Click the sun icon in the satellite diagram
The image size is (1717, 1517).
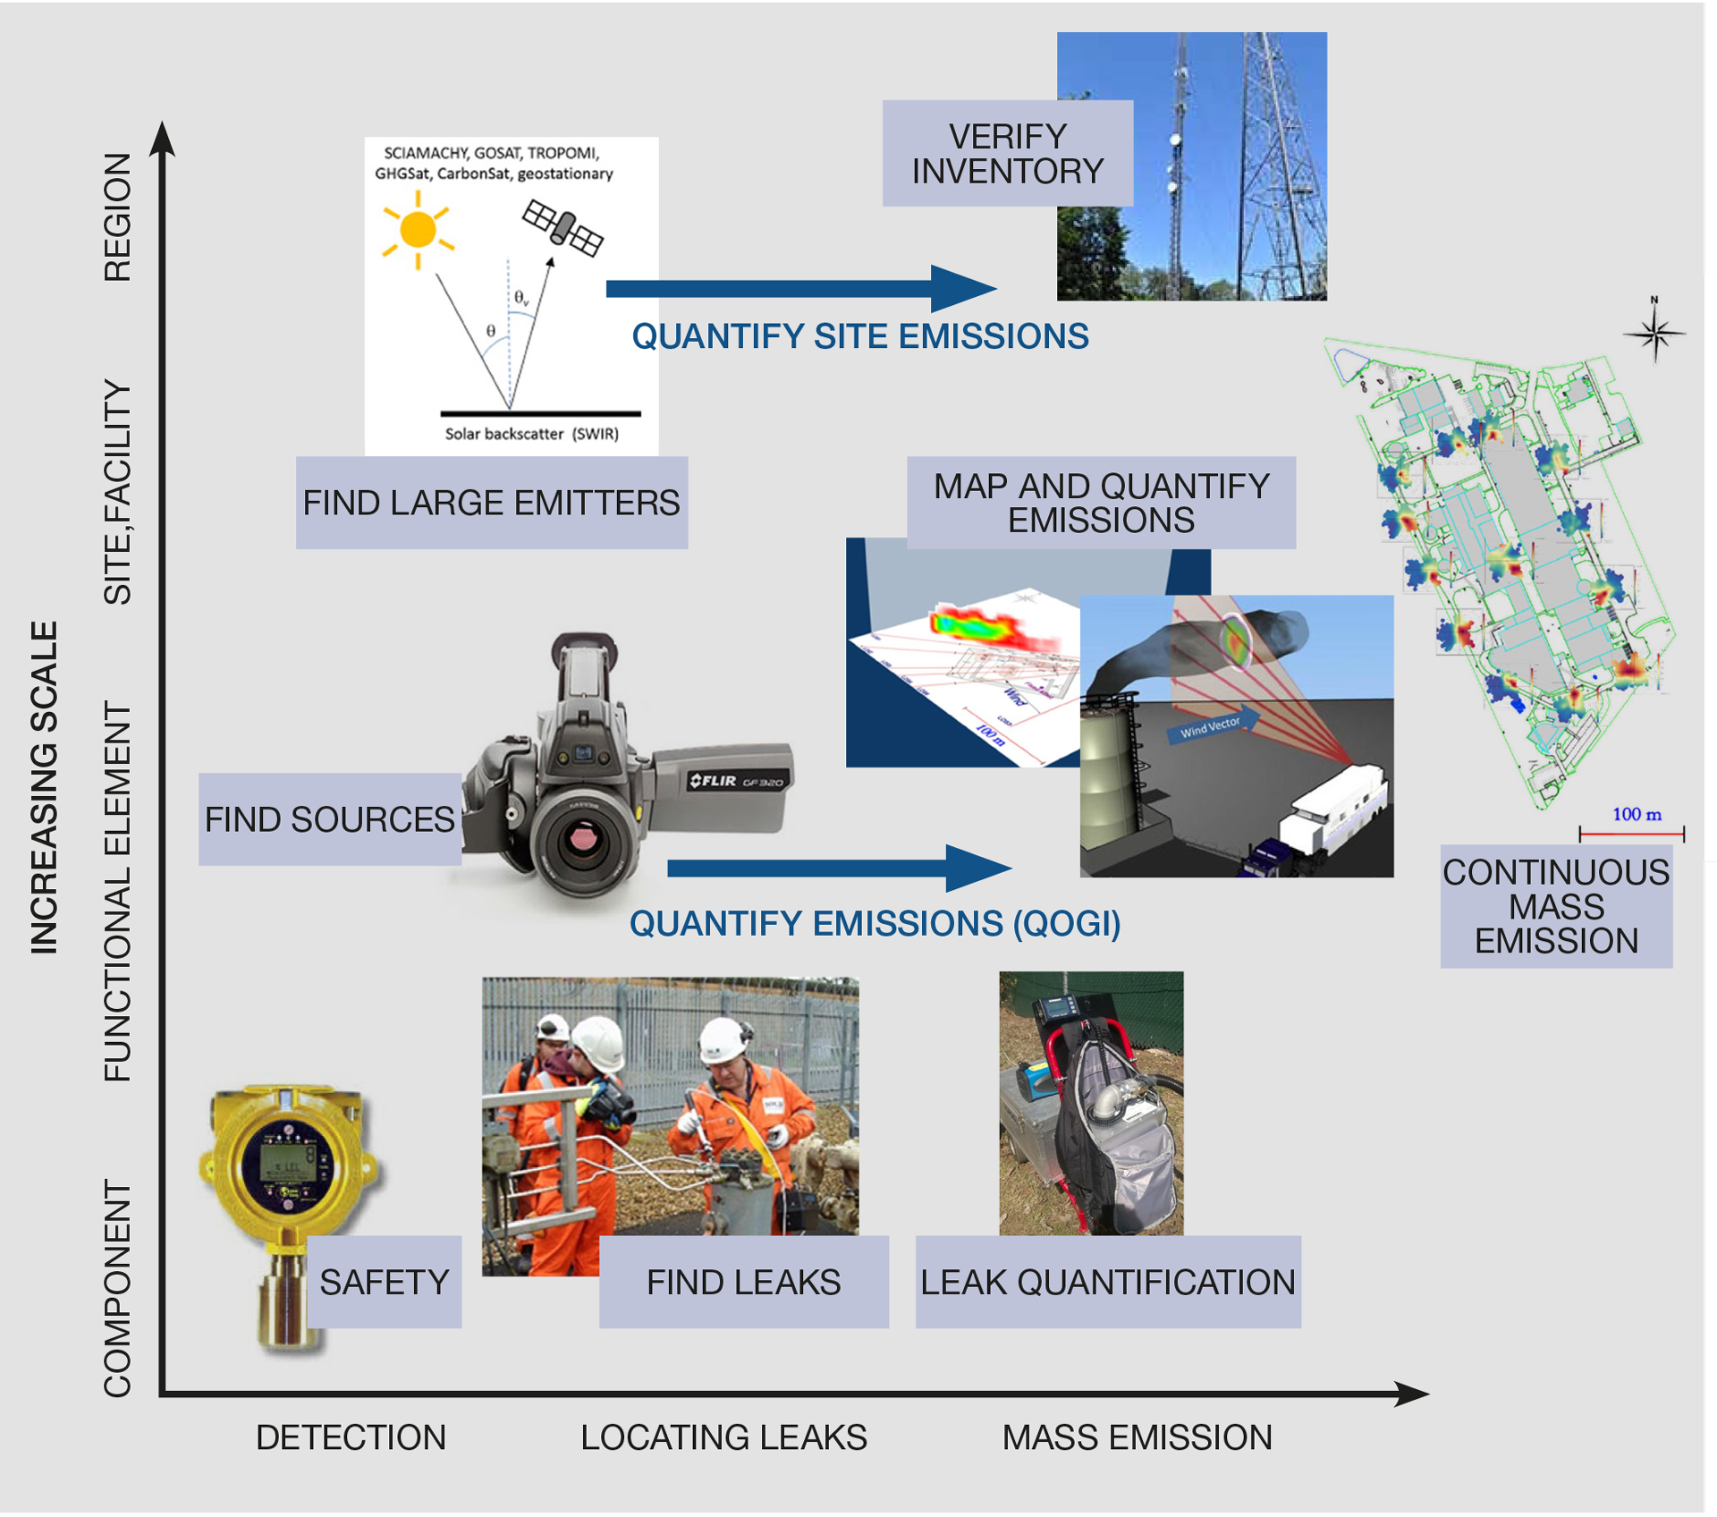pos(417,230)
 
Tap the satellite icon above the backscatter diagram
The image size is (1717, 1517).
pos(563,227)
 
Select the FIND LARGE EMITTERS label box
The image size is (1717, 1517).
pos(491,503)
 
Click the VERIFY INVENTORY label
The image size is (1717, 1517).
pos(1007,154)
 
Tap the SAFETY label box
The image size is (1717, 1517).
pos(384,1283)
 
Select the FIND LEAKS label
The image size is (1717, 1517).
pos(743,1283)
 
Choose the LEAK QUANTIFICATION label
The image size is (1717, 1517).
pos(1107,1283)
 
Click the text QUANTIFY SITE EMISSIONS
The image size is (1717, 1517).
pos(859,336)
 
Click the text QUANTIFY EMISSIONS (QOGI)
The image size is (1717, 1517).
pos(875,924)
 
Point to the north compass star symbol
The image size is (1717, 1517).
pos(1654,334)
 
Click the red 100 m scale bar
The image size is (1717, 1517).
pos(1631,834)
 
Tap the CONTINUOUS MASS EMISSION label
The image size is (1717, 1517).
pos(1556,907)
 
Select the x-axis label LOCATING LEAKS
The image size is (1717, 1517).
pos(723,1437)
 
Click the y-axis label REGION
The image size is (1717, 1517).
pos(117,217)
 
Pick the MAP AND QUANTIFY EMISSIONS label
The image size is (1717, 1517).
pos(1101,503)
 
